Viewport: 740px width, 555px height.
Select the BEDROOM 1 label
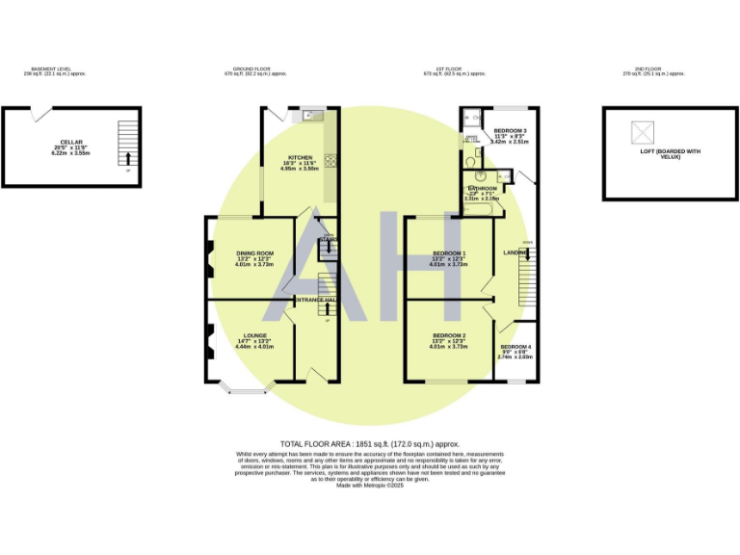click(x=449, y=253)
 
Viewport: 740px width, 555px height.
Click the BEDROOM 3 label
click(x=510, y=130)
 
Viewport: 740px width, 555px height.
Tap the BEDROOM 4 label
click(x=515, y=347)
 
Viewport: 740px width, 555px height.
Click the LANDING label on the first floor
click(x=515, y=252)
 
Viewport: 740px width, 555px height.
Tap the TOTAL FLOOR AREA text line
click(x=369, y=443)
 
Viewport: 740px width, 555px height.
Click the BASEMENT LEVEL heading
click(x=50, y=69)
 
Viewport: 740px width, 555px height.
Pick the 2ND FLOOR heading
click(x=643, y=69)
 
